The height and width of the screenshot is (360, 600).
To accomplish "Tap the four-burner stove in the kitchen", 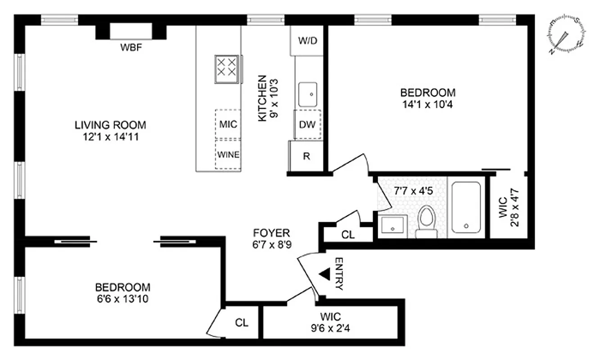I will click(226, 69).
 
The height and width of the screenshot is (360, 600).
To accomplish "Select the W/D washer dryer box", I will click(308, 40).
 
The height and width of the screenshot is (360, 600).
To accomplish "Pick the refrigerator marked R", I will click(306, 156).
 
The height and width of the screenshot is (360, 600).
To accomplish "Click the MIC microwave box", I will click(228, 124).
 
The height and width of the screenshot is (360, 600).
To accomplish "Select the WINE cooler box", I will click(228, 154).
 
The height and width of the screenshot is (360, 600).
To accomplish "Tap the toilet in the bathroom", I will click(426, 222).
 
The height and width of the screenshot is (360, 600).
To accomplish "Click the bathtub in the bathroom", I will click(466, 207).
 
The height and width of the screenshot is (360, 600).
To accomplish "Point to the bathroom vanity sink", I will click(392, 226).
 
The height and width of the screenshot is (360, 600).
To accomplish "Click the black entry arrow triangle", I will click(323, 274).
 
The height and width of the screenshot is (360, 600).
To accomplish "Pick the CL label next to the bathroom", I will click(348, 234).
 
